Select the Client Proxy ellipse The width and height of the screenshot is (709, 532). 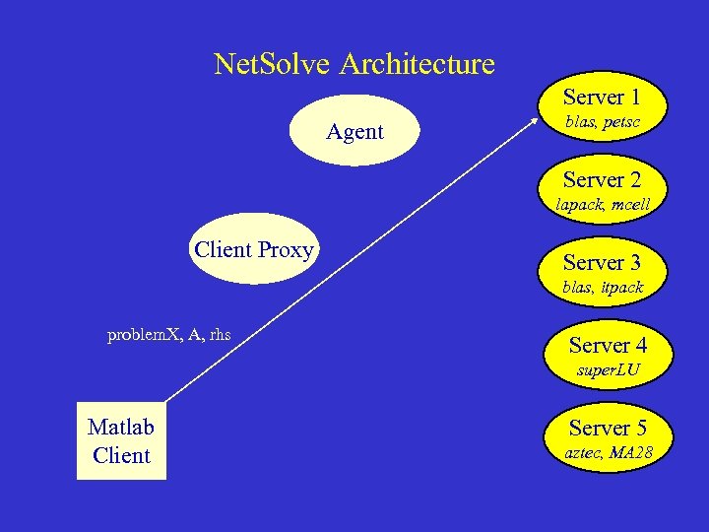coord(254,249)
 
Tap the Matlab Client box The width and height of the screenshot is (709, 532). coord(121,440)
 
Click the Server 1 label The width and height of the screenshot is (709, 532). coord(602,97)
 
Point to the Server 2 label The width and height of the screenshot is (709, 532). coord(602,179)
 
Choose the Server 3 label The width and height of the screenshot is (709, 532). coord(602,262)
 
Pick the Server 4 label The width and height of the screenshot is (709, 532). coord(608,345)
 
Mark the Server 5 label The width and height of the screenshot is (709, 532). coord(608,428)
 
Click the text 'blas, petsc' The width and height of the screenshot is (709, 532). coord(602,122)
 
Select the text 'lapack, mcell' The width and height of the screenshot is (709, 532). coord(602,205)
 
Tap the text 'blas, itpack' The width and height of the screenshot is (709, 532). coord(602,288)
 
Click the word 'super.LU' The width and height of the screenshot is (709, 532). coord(608,370)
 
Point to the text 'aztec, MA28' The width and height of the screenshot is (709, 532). coord(608,453)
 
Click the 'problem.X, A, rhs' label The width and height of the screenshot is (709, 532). coord(168,335)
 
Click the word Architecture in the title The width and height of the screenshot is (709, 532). coord(417,65)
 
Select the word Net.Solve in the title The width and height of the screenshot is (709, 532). coord(273,65)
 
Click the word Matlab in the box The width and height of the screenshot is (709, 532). coord(121,427)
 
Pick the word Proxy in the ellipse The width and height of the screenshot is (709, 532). coord(286,249)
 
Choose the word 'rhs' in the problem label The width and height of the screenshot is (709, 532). coord(220,335)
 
